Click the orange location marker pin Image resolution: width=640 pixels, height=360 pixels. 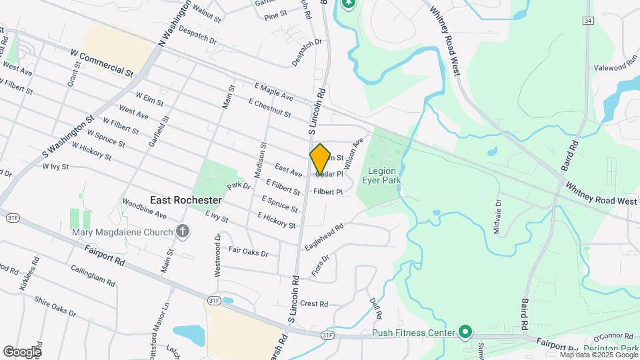click(x=320, y=159)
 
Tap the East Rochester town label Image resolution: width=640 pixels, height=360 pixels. click(x=185, y=200)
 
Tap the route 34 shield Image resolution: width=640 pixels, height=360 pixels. click(x=587, y=21)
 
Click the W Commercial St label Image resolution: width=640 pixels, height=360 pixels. click(x=102, y=61)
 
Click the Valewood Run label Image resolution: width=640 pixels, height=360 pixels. click(x=616, y=67)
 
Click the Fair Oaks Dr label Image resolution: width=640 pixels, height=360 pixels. click(x=248, y=252)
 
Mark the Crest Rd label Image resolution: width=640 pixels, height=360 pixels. click(x=314, y=304)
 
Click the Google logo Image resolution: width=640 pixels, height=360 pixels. click(x=22, y=351)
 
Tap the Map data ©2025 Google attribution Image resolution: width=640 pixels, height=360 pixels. click(x=598, y=355)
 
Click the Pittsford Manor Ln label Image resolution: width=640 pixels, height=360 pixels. click(x=164, y=331)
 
